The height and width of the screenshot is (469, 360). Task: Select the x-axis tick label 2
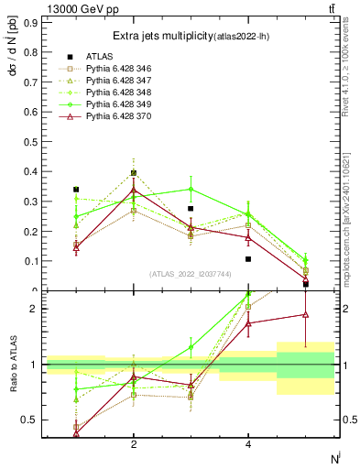click(134, 444)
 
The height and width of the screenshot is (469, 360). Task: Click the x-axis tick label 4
click(248, 444)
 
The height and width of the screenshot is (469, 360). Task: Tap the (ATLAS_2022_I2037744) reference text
click(191, 274)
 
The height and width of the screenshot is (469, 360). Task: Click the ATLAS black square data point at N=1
click(76, 190)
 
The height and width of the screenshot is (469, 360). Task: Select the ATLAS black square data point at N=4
click(248, 259)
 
